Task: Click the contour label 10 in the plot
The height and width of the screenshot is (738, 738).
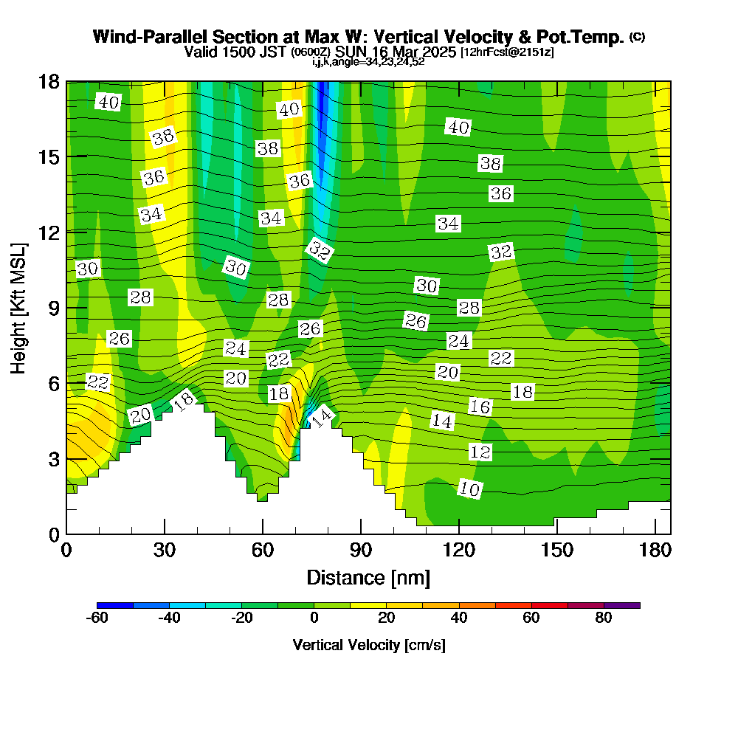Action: [470, 489]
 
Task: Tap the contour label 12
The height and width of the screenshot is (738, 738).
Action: [480, 452]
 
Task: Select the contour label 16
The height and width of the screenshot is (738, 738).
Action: [480, 407]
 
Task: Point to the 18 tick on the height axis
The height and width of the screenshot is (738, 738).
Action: [49, 82]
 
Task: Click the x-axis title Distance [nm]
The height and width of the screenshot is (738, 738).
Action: [368, 577]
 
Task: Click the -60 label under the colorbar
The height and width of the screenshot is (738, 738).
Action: [97, 618]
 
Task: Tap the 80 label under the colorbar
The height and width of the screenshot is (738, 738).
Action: [604, 618]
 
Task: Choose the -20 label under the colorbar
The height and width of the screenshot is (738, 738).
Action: [242, 618]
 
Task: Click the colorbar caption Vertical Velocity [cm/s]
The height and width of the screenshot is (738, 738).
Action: [368, 645]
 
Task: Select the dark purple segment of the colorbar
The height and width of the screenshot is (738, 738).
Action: [621, 605]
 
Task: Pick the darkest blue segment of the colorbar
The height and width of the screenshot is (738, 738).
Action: [115, 605]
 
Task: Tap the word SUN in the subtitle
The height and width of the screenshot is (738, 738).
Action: [349, 52]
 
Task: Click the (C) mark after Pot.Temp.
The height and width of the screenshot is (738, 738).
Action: [637, 36]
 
